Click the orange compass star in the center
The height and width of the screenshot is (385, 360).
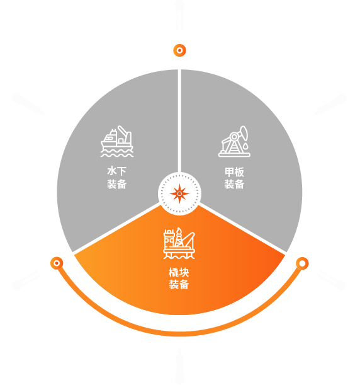[x=179, y=193]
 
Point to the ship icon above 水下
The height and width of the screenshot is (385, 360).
[x=117, y=141]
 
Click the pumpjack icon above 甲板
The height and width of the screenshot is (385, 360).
[x=234, y=141]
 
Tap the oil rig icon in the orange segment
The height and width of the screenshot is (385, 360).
[x=179, y=243]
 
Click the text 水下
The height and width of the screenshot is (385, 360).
[x=116, y=171]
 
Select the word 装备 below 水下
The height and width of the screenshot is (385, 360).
[x=116, y=184]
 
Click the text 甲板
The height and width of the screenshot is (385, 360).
[x=234, y=172]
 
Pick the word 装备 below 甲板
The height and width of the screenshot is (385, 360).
[x=234, y=184]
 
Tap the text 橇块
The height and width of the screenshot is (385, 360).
[x=179, y=272]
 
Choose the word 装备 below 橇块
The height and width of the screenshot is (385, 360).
[x=179, y=284]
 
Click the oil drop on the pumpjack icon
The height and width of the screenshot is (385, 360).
[x=245, y=146]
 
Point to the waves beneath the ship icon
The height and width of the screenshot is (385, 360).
[x=117, y=154]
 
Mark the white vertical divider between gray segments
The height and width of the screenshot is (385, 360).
[x=179, y=121]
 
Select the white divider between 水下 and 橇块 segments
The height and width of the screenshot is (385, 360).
[x=116, y=228]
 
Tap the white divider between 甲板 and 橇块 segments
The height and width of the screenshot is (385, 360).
[x=242, y=228]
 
